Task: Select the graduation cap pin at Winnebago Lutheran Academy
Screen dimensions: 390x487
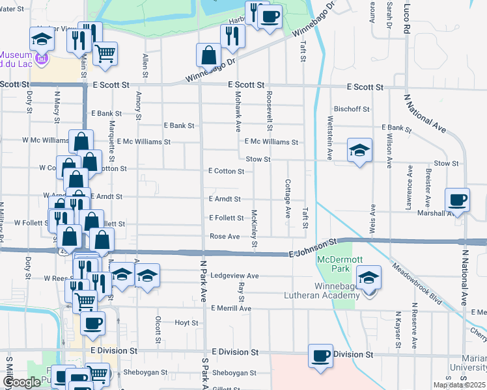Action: click(369, 279)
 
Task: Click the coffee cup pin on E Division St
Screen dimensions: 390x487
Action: click(320, 356)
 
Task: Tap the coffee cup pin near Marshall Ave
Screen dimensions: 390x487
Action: click(457, 200)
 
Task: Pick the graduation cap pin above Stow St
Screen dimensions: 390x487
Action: click(359, 151)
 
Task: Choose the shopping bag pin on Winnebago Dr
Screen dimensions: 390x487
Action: click(208, 56)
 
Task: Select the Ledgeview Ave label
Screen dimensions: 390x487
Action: click(234, 276)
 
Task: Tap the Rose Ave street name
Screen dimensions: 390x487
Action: click(225, 236)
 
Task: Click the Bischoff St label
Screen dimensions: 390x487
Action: click(352, 109)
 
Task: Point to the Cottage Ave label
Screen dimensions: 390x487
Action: click(287, 199)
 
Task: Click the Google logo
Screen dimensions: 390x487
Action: click(21, 383)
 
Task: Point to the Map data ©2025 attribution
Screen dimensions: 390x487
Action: click(459, 385)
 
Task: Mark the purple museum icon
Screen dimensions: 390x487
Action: click(42, 60)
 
